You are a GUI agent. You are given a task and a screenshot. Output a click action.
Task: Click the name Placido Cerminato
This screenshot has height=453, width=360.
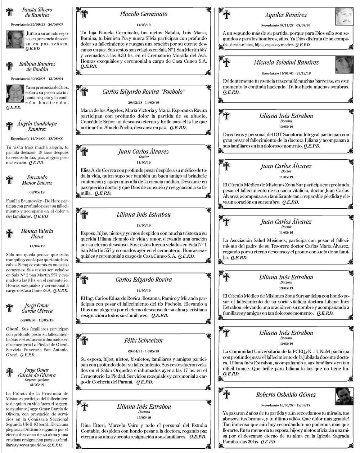point(144,14)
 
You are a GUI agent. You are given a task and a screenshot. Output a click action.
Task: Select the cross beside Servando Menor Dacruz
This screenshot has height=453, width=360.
point(10,180)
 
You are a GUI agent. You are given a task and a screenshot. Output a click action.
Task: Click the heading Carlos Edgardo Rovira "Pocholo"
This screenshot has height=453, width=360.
point(144,92)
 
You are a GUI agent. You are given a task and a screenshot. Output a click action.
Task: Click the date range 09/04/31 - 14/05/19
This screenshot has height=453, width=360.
point(144,351)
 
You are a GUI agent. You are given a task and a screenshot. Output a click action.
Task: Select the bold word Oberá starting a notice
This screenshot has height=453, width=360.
point(12,329)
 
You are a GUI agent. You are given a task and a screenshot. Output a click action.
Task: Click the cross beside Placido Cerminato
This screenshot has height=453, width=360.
point(84,14)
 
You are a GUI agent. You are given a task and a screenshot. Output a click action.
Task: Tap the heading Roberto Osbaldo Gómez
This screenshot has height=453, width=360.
point(286,395)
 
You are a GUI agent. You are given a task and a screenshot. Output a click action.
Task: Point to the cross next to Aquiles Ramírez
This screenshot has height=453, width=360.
point(226,14)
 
